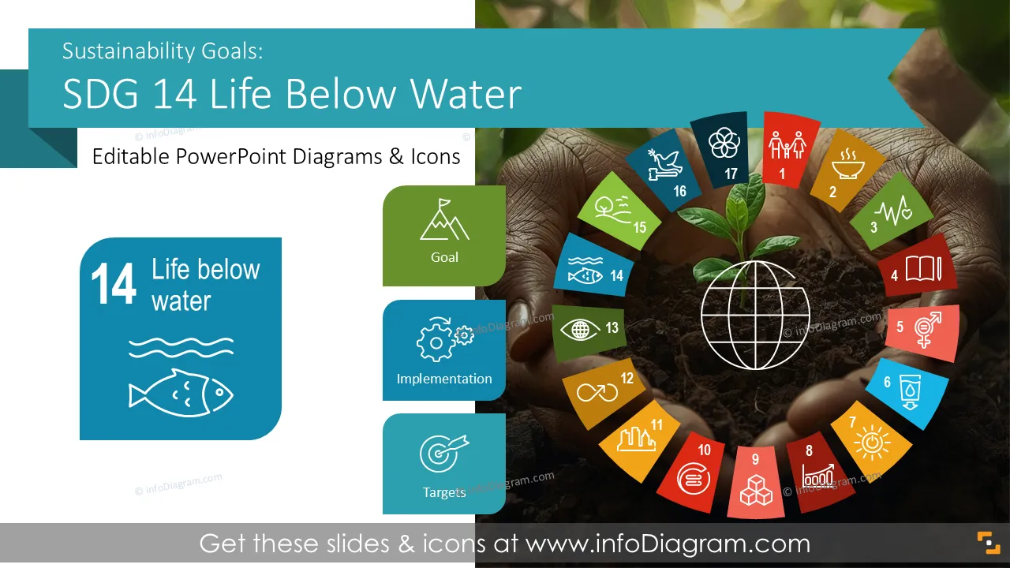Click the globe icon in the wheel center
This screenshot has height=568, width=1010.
pos(755,315)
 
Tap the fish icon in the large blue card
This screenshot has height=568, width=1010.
pos(181,393)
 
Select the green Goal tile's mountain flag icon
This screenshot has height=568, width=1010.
pos(444,219)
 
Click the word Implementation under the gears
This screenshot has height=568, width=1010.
pos(444,379)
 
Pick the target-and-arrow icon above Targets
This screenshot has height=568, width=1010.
pos(444,453)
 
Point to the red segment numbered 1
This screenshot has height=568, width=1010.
pos(789,150)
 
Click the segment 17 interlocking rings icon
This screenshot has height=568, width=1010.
pos(724,143)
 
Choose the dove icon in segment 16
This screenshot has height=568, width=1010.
pos(664,165)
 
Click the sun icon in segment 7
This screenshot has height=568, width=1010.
pos(872,443)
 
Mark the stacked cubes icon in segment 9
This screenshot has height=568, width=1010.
pos(756,490)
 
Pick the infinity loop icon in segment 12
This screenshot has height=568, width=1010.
pos(597,393)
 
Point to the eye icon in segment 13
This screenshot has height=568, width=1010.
pos(580,330)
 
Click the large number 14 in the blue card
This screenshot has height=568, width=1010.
pos(113,284)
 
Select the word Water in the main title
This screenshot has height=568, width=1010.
pos(466,94)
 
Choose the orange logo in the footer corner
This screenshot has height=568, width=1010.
pos(989,543)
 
